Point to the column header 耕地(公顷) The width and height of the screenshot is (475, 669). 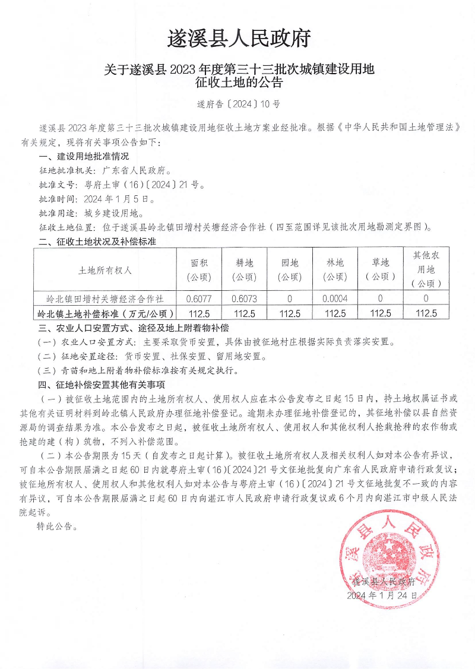pos(243,269)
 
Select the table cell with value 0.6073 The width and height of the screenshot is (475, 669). pos(243,299)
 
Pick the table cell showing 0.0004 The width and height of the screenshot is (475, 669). pos(335,299)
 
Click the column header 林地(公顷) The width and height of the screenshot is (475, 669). pos(335,269)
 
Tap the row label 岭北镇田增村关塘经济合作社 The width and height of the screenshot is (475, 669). pos(105,299)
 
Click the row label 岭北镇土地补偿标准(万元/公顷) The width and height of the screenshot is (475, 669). pos(105,313)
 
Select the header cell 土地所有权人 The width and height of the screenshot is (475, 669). pos(105,269)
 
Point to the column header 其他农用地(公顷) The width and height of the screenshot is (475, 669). pos(426,269)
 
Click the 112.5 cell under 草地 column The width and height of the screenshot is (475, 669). pos(380,313)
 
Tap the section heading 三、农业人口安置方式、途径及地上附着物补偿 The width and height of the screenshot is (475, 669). pos(134,328)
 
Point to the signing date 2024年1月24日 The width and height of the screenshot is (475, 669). pos(382,594)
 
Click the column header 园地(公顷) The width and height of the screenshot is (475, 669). pos(289,269)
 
